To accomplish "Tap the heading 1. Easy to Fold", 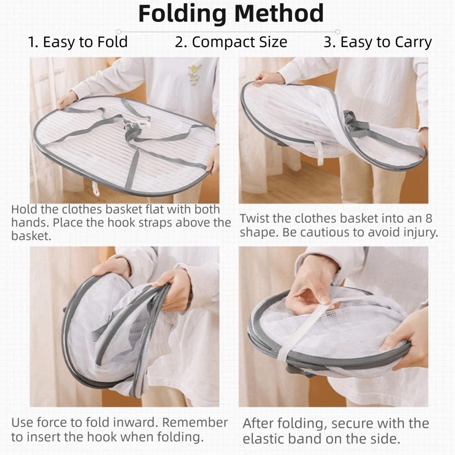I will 78,42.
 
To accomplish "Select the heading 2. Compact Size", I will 231,42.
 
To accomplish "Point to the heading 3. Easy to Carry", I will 378,42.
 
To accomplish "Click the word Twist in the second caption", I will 256,219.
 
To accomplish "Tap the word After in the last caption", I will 259,424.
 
